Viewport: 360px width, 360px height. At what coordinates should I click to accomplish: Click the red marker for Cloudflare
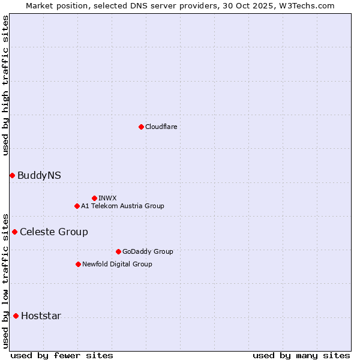tap(141, 127)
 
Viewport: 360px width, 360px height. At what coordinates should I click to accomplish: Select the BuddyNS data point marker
tap(12, 175)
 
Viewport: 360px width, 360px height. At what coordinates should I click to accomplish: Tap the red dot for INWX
tap(94, 198)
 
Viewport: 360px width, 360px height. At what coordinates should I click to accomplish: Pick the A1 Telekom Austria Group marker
tap(77, 206)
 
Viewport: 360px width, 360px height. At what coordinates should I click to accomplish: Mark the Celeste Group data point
tap(14, 232)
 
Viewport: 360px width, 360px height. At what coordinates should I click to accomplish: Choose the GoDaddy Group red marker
tap(118, 251)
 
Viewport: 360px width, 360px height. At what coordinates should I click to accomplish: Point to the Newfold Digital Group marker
tap(78, 264)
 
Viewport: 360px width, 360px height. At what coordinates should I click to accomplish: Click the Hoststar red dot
tap(16, 316)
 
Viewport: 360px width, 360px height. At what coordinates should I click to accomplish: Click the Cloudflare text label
tap(161, 127)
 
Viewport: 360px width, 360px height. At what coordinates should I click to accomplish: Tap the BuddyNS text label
tap(39, 175)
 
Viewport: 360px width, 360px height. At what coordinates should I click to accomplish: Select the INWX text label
tap(107, 198)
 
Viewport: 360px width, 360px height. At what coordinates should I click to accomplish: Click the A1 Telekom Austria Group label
tap(122, 206)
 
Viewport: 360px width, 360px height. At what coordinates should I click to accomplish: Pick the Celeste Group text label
tap(54, 232)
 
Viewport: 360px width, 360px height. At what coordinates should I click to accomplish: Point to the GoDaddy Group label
tap(148, 251)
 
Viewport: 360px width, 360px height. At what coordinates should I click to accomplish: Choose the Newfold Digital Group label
tap(117, 264)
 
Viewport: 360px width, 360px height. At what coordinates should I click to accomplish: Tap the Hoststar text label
tap(41, 316)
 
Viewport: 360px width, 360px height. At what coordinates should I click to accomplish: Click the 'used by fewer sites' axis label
tap(62, 355)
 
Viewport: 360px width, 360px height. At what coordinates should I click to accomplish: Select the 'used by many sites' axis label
tap(301, 355)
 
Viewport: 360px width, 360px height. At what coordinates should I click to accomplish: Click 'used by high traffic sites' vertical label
tap(5, 85)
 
